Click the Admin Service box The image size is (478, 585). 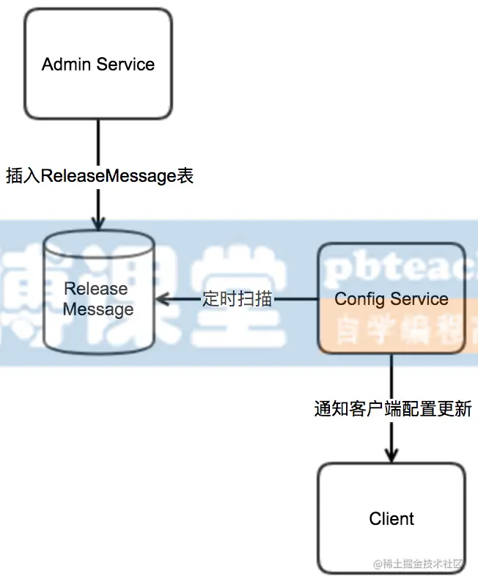[x=98, y=64]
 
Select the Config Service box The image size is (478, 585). [x=391, y=299]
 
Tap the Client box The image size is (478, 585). [x=391, y=518]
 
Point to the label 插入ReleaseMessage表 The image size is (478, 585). [x=99, y=176]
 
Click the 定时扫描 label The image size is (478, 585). [x=237, y=299]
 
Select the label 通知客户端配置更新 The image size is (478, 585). [x=392, y=408]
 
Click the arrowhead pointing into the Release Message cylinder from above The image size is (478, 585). [x=98, y=223]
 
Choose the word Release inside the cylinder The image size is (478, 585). [x=96, y=289]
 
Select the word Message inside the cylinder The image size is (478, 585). [x=98, y=309]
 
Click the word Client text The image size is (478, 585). [x=391, y=518]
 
